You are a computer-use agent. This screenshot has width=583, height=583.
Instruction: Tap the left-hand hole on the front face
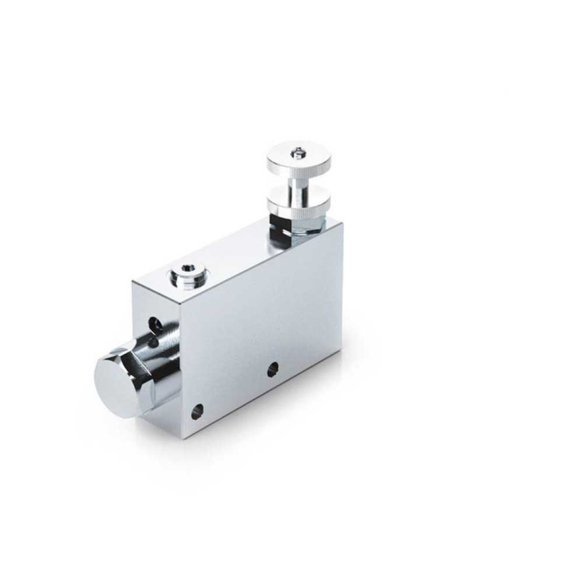(197, 411)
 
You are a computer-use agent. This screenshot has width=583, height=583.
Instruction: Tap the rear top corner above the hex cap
(134, 282)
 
